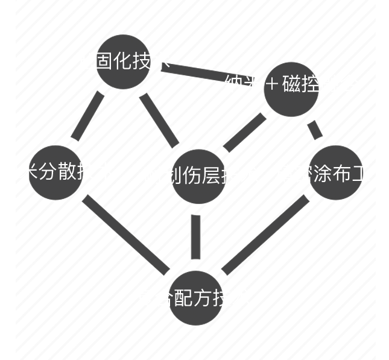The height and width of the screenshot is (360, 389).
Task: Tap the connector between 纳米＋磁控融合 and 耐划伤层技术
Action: [244, 133]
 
